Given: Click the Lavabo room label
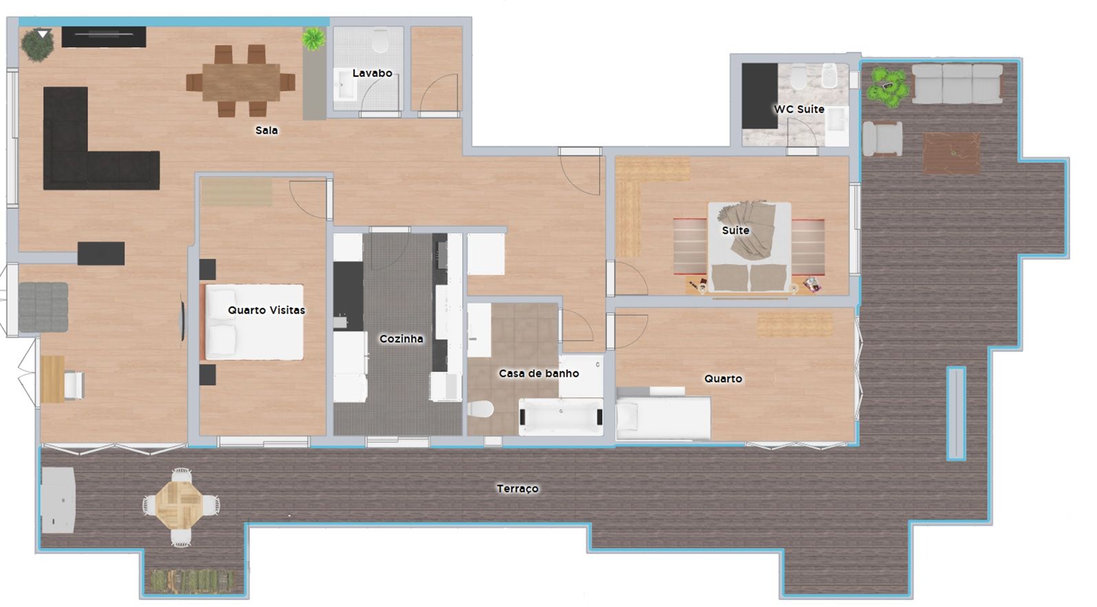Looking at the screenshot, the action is [373, 74].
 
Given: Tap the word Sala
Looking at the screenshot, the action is [267, 131].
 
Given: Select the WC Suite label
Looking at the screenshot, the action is [799, 109].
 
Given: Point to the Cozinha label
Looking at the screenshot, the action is [401, 338].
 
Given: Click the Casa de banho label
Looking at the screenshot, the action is [539, 373].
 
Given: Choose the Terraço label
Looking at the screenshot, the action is [518, 489].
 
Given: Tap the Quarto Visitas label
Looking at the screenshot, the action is [267, 310].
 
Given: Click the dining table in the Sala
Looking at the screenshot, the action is [241, 82].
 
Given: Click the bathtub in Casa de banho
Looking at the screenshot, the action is [561, 417].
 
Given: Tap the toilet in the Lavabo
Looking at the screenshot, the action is [380, 41].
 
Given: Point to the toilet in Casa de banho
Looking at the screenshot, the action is [480, 408].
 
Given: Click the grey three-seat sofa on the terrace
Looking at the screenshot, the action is [957, 84].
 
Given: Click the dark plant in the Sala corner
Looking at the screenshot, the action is [37, 45].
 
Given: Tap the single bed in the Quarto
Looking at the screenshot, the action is [663, 417].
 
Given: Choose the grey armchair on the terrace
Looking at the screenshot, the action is [883, 139].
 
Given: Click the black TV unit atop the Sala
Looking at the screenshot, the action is [104, 36].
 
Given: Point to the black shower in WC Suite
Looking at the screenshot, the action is [759, 96].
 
